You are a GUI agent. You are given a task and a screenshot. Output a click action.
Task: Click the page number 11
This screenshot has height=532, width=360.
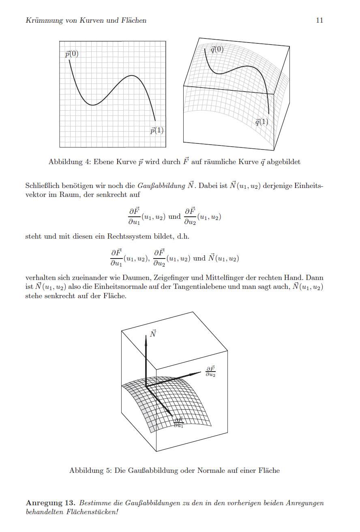click(319, 20)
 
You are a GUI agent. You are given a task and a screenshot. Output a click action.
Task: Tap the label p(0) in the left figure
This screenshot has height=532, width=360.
click(72, 54)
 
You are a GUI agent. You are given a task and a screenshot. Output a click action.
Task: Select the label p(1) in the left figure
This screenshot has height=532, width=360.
click(157, 130)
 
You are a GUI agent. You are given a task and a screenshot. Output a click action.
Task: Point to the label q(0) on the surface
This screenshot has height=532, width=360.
click(217, 50)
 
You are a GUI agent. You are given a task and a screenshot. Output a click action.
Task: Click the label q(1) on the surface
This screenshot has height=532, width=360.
click(261, 122)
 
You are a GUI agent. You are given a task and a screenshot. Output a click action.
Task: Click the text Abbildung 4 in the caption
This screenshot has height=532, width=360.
click(66, 162)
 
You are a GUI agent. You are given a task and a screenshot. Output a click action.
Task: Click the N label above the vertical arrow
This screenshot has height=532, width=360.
click(153, 333)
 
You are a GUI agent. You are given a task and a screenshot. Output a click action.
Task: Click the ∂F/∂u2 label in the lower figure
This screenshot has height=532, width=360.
click(210, 371)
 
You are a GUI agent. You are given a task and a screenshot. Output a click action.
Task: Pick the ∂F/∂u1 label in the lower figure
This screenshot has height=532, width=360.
click(179, 423)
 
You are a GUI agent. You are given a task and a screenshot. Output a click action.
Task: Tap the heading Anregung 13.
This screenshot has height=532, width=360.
click(49, 503)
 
